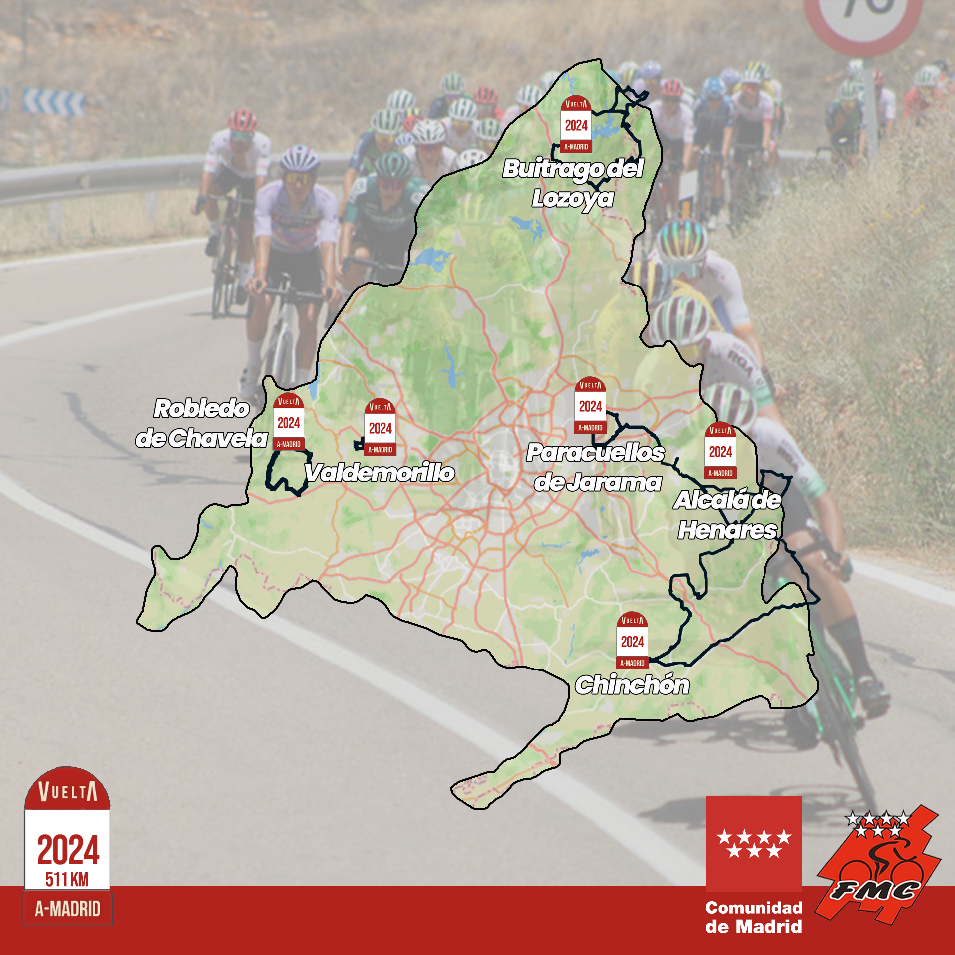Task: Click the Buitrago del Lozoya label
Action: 573,183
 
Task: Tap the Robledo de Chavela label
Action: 201,423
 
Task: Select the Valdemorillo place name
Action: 380,473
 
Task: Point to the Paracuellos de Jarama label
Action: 595,468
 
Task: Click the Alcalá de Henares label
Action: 727,515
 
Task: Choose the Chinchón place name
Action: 632,685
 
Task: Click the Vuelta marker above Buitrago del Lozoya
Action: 576,124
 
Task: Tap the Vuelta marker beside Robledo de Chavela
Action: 288,422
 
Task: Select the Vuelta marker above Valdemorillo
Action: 380,428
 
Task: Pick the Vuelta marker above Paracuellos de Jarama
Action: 590,405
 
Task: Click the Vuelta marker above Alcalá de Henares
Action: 720,451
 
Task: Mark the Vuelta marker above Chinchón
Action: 632,641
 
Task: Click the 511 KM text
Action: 67,879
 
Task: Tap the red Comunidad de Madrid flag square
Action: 754,844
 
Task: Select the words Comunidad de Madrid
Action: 754,917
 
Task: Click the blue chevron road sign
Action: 54,102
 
